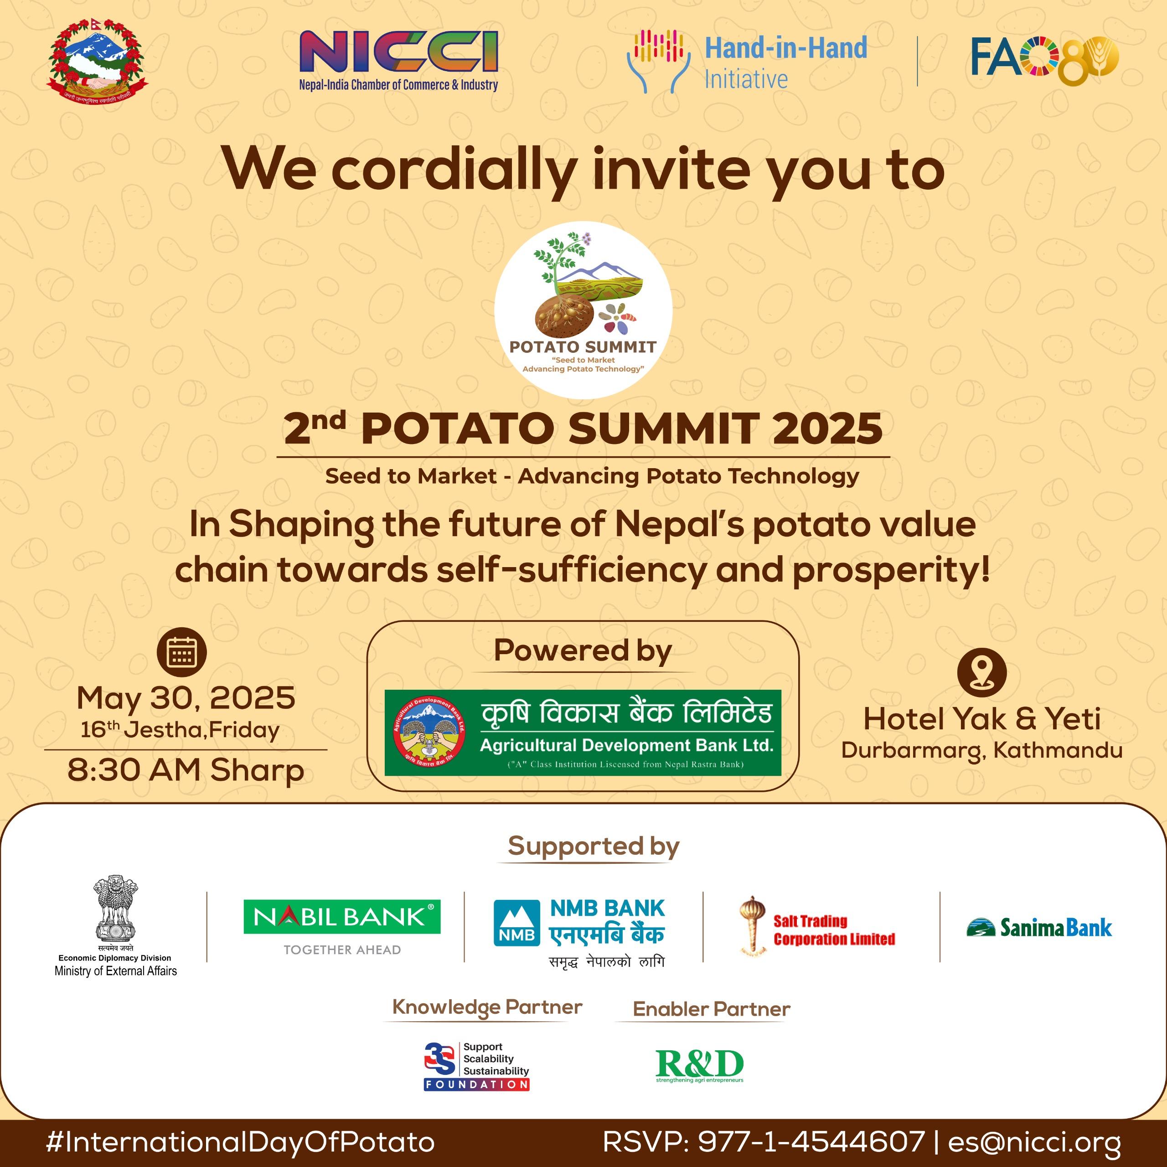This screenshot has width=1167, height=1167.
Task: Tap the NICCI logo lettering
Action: pos(399,52)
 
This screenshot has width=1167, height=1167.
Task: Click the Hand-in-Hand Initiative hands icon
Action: pos(658,61)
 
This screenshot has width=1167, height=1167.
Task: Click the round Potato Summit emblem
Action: pos(583,309)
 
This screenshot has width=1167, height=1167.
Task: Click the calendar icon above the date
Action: pos(181,652)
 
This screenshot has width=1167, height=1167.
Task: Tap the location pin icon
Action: pos(981,672)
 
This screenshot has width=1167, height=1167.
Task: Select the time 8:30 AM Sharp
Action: pos(186,770)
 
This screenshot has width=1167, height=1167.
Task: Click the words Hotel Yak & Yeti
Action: pos(981,719)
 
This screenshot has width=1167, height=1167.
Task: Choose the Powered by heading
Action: pos(583,651)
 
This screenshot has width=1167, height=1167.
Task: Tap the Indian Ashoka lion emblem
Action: pos(115,908)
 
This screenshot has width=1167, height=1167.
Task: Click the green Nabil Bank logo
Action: pos(342,917)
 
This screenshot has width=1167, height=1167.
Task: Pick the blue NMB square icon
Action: pos(516,923)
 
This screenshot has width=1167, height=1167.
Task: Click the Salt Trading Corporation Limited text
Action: pos(834,930)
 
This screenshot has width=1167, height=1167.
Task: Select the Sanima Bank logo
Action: pos(1039,928)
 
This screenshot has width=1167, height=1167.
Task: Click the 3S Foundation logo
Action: pos(476,1067)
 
